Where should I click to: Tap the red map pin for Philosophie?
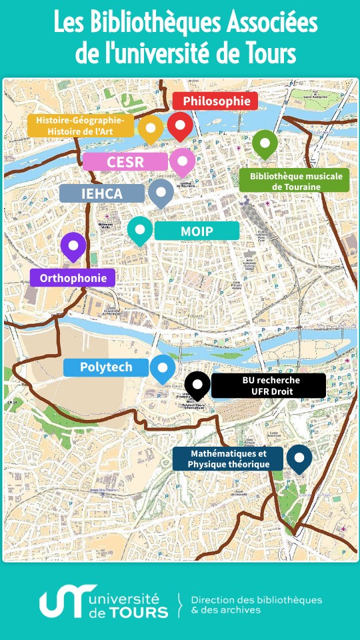click(x=180, y=125)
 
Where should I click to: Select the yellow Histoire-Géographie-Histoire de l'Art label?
click(x=80, y=125)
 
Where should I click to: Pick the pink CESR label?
click(x=125, y=161)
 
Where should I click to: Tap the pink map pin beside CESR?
click(x=182, y=161)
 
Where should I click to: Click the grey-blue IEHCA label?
click(x=102, y=193)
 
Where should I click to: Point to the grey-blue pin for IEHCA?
click(x=161, y=192)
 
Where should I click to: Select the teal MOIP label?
click(x=197, y=231)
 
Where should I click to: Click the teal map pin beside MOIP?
click(x=140, y=230)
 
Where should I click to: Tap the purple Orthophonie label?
click(x=73, y=278)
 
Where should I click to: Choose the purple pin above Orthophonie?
click(x=73, y=246)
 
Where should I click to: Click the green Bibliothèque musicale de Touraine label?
click(x=294, y=181)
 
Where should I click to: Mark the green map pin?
click(x=265, y=143)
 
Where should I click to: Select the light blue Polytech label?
click(x=106, y=367)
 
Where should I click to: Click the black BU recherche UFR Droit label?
click(x=269, y=385)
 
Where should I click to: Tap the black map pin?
click(x=197, y=384)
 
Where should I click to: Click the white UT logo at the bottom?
click(x=63, y=603)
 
